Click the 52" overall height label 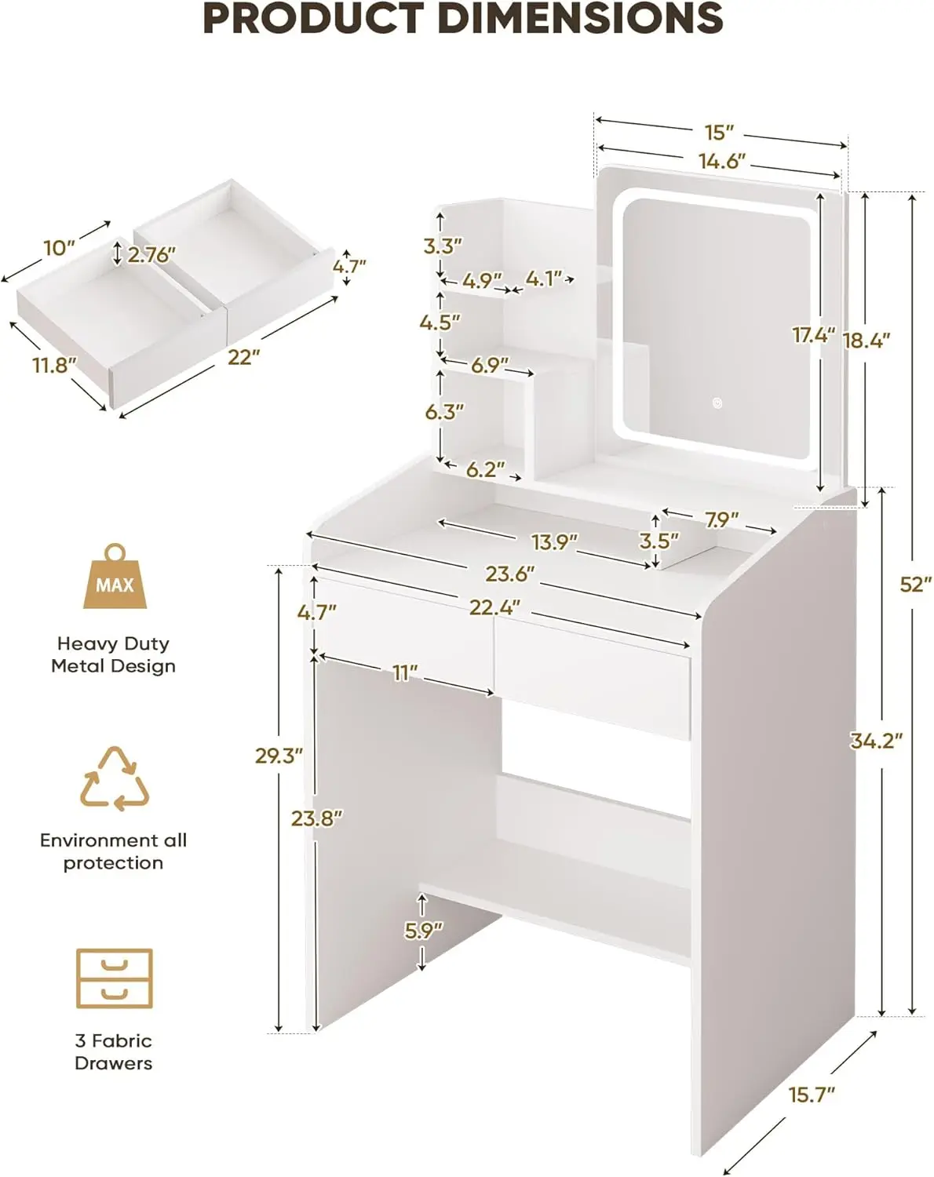[x=915, y=584]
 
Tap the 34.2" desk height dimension [x=876, y=740]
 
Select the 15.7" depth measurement [x=811, y=1094]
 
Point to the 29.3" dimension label [x=279, y=755]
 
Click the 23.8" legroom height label [x=317, y=818]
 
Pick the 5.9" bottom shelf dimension [x=424, y=930]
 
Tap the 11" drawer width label [x=405, y=672]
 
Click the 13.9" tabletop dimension [x=554, y=541]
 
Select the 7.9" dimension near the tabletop [x=721, y=519]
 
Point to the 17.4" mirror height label [x=813, y=335]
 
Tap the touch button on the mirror [x=717, y=403]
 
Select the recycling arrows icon [x=115, y=778]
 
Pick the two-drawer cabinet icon [x=115, y=978]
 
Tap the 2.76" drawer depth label [x=151, y=254]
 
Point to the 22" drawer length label [x=243, y=357]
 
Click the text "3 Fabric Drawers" [x=114, y=1051]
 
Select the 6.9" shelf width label [x=490, y=365]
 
